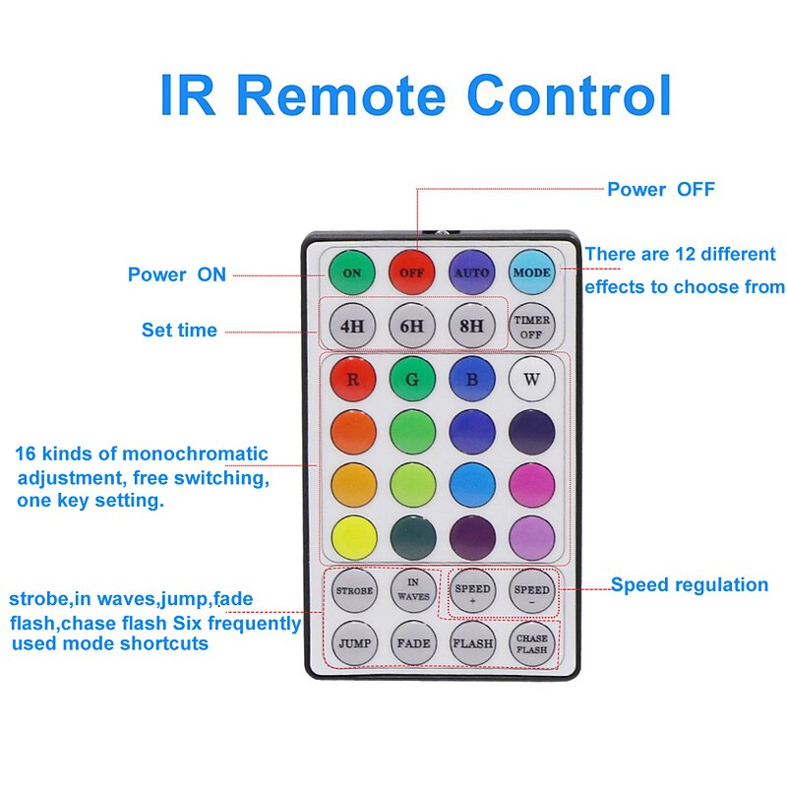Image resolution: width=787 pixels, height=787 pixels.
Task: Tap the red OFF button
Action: (x=412, y=272)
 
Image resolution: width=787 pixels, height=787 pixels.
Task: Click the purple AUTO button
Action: (x=472, y=272)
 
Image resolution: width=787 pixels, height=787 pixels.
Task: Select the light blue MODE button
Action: (x=532, y=272)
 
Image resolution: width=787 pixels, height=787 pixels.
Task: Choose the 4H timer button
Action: (x=352, y=325)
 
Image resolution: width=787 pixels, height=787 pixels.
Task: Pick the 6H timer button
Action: (x=412, y=325)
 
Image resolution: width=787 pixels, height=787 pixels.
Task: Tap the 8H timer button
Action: (x=472, y=325)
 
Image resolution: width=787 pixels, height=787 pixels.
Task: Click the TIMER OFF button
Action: (x=532, y=327)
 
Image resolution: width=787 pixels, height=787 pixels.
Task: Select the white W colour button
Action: (x=532, y=379)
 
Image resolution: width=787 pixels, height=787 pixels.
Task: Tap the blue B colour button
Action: (x=472, y=379)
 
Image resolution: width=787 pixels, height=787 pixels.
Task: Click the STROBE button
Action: (x=353, y=591)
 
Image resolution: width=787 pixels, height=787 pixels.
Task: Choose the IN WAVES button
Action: (x=412, y=589)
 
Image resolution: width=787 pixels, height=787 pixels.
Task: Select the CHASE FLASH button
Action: (x=532, y=644)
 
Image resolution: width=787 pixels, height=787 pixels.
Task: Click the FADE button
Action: (x=412, y=644)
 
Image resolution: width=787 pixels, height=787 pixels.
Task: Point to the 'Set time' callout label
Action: (x=179, y=331)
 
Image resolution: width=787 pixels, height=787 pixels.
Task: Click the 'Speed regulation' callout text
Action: (x=690, y=585)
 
